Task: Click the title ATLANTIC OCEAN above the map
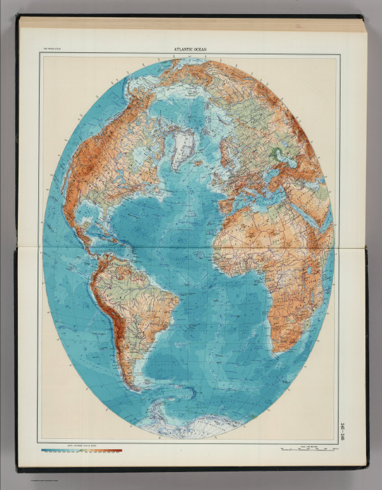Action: (191, 50)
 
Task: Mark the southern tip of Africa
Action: (277, 350)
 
